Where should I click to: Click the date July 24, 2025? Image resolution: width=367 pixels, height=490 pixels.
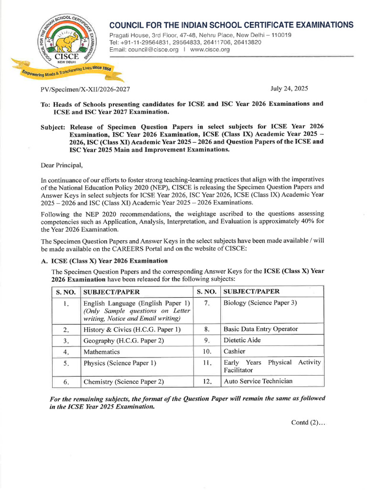pyautogui.click(x=289, y=89)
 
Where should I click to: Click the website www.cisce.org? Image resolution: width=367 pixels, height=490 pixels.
pyautogui.click(x=210, y=50)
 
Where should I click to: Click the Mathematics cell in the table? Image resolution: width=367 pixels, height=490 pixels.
pyautogui.click(x=102, y=352)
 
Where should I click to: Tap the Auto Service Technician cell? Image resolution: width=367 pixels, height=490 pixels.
pyautogui.click(x=258, y=381)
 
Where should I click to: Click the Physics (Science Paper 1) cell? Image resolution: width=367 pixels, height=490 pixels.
pyautogui.click(x=120, y=363)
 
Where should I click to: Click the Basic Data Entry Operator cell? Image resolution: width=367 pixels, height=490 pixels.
pyautogui.click(x=260, y=329)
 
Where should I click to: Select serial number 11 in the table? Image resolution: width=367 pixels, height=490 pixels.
pyautogui.click(x=206, y=363)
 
